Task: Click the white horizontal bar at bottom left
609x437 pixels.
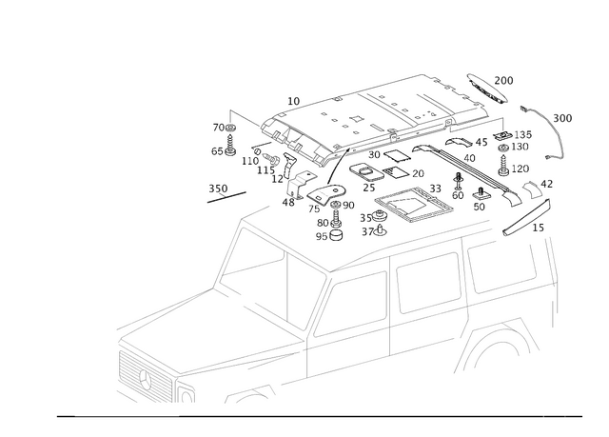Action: point(127,414)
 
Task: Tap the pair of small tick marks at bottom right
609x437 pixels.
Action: point(555,415)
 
